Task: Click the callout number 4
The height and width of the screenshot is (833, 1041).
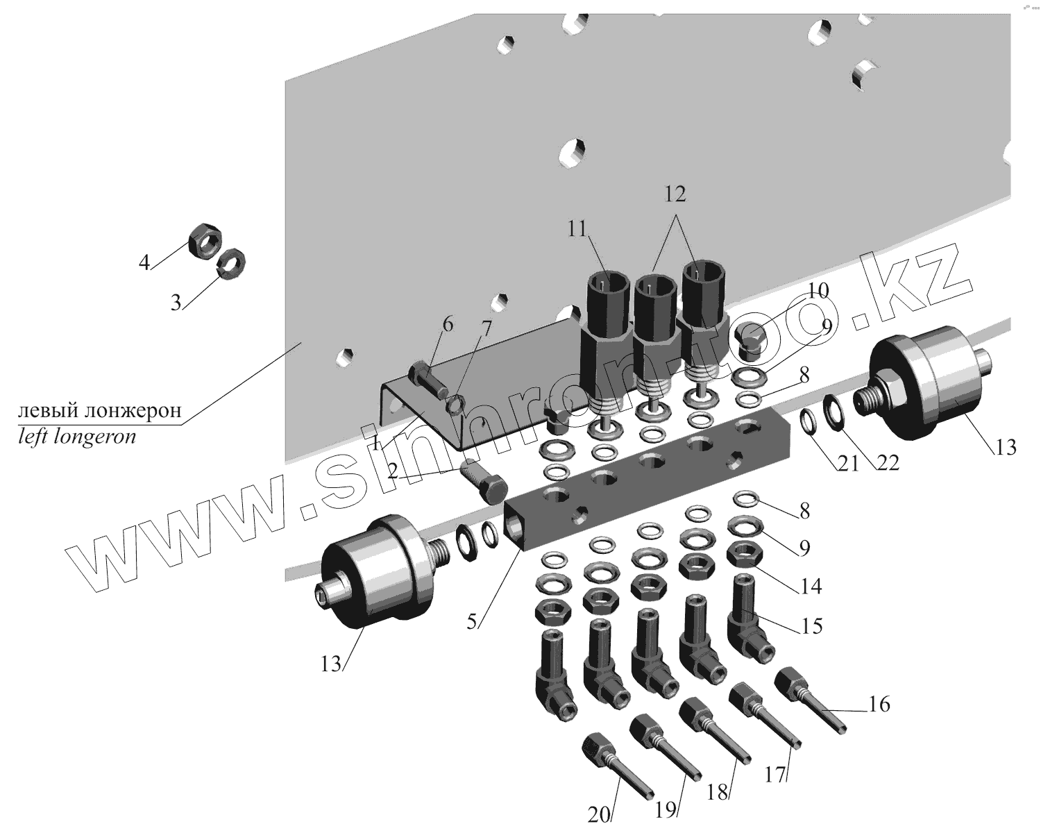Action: [x=144, y=263]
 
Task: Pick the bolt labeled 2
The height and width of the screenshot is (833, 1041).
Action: [x=484, y=482]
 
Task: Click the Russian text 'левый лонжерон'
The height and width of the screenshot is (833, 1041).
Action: [x=100, y=411]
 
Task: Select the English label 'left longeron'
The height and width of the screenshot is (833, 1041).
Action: [x=76, y=437]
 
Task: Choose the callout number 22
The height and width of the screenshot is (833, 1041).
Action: [x=886, y=462]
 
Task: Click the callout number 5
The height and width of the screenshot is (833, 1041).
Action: [x=472, y=621]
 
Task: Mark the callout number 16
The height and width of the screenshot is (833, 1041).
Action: [x=878, y=705]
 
